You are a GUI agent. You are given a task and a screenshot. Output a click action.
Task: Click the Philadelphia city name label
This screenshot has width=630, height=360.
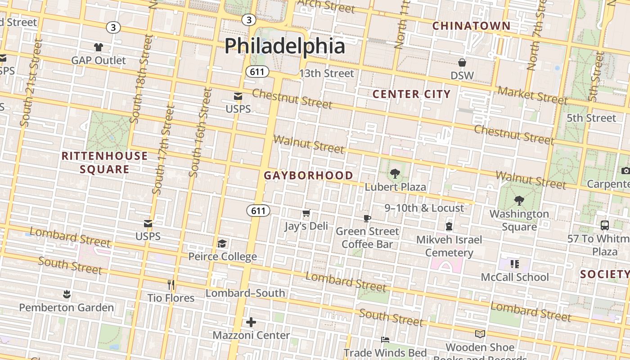(x=284, y=46)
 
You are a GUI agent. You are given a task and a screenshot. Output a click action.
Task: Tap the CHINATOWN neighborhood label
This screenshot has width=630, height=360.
(x=471, y=26)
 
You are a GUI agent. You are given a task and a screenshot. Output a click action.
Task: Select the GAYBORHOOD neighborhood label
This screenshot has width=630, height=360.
(x=308, y=175)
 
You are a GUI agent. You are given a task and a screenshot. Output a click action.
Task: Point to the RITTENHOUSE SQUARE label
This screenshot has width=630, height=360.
(x=104, y=162)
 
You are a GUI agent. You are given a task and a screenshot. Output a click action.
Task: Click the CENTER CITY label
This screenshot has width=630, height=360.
(x=411, y=94)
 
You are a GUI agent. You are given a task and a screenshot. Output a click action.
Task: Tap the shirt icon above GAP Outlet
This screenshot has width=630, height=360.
(x=99, y=47)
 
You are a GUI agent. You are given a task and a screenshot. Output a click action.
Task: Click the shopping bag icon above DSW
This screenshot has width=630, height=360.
(x=462, y=63)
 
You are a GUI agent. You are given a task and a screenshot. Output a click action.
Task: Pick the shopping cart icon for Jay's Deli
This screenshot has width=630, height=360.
(x=306, y=213)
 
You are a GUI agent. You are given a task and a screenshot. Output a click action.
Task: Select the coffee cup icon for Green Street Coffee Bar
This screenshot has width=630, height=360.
(x=367, y=218)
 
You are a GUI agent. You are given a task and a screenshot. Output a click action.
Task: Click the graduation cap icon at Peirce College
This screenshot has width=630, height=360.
(x=222, y=243)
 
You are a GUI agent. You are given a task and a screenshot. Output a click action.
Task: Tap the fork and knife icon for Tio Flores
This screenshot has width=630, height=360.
(x=171, y=285)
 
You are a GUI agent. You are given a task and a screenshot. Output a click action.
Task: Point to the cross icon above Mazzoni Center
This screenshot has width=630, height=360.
(x=251, y=322)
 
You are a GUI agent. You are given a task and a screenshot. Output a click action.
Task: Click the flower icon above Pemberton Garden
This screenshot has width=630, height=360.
(x=67, y=295)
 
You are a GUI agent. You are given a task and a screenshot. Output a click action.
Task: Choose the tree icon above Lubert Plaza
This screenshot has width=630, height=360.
(x=395, y=173)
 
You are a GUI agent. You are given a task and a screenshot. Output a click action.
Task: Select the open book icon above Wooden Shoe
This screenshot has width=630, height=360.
(x=480, y=334)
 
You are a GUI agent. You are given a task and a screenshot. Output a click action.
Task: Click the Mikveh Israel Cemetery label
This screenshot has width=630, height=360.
(x=449, y=246)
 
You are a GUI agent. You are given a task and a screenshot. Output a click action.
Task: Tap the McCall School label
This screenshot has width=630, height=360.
(x=515, y=277)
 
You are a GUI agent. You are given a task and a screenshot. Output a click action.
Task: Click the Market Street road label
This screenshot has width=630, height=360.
(x=532, y=95)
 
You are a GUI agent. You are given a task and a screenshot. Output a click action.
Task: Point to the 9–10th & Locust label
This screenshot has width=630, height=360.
(x=424, y=208)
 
